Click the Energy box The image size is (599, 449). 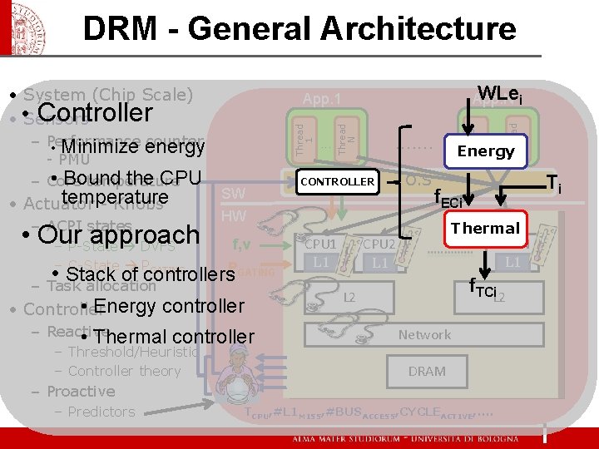point(485,150)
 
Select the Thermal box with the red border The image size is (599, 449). point(484,228)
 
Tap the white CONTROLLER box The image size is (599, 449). point(337,181)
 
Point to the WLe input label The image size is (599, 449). point(500,94)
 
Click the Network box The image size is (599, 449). point(424,334)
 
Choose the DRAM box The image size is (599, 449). point(427,371)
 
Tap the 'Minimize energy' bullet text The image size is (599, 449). point(131,147)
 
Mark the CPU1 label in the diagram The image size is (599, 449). point(319,244)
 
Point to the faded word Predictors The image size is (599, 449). point(101,412)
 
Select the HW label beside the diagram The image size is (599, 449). point(234,216)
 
